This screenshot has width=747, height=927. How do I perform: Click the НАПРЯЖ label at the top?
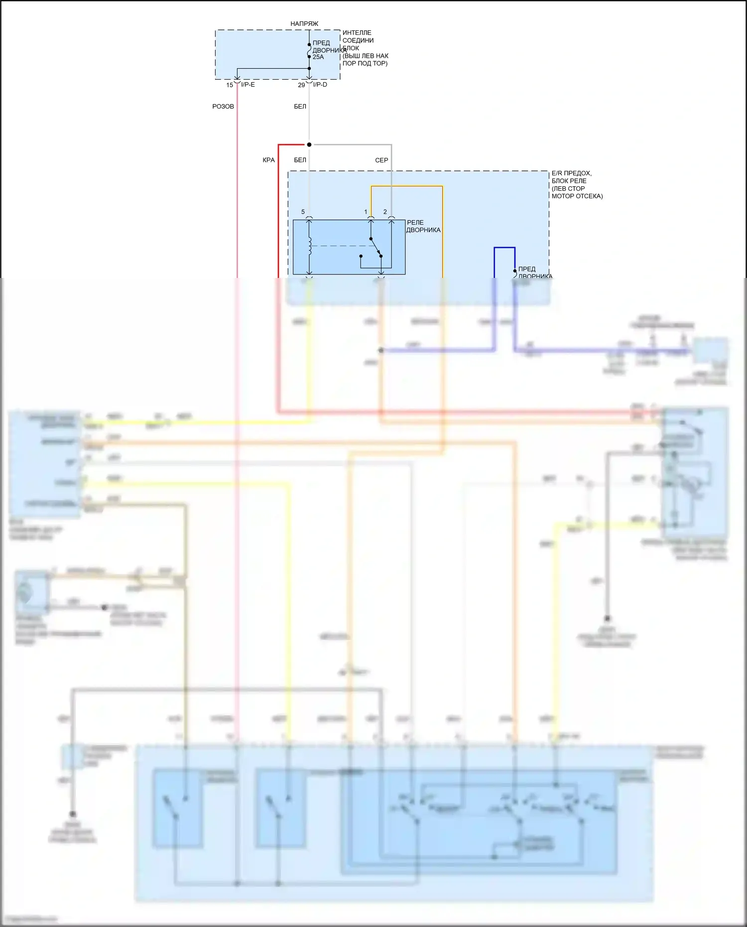304,24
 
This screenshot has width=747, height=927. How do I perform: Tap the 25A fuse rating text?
318,57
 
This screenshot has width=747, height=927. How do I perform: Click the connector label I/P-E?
248,85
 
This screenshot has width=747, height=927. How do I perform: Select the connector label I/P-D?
320,85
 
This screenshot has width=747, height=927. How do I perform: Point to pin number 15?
230,85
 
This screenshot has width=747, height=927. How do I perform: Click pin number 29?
301,85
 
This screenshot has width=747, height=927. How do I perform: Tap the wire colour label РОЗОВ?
223,107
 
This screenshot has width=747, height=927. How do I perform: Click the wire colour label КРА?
268,160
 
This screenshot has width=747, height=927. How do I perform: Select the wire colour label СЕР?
381,160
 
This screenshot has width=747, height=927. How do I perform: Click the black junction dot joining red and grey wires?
309,145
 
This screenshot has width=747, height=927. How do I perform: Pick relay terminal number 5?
303,212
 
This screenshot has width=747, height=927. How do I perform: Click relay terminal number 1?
366,212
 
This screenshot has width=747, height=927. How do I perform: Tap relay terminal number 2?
385,212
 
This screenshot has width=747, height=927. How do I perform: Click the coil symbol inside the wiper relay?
310,246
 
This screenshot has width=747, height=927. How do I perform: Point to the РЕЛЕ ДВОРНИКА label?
423,227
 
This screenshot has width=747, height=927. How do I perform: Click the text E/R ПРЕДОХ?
572,173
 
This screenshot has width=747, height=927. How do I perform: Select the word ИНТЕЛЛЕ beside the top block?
357,33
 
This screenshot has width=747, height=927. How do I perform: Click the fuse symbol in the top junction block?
309,51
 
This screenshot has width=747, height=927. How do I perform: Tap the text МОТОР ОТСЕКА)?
577,196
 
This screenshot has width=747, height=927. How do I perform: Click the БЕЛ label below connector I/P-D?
300,107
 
